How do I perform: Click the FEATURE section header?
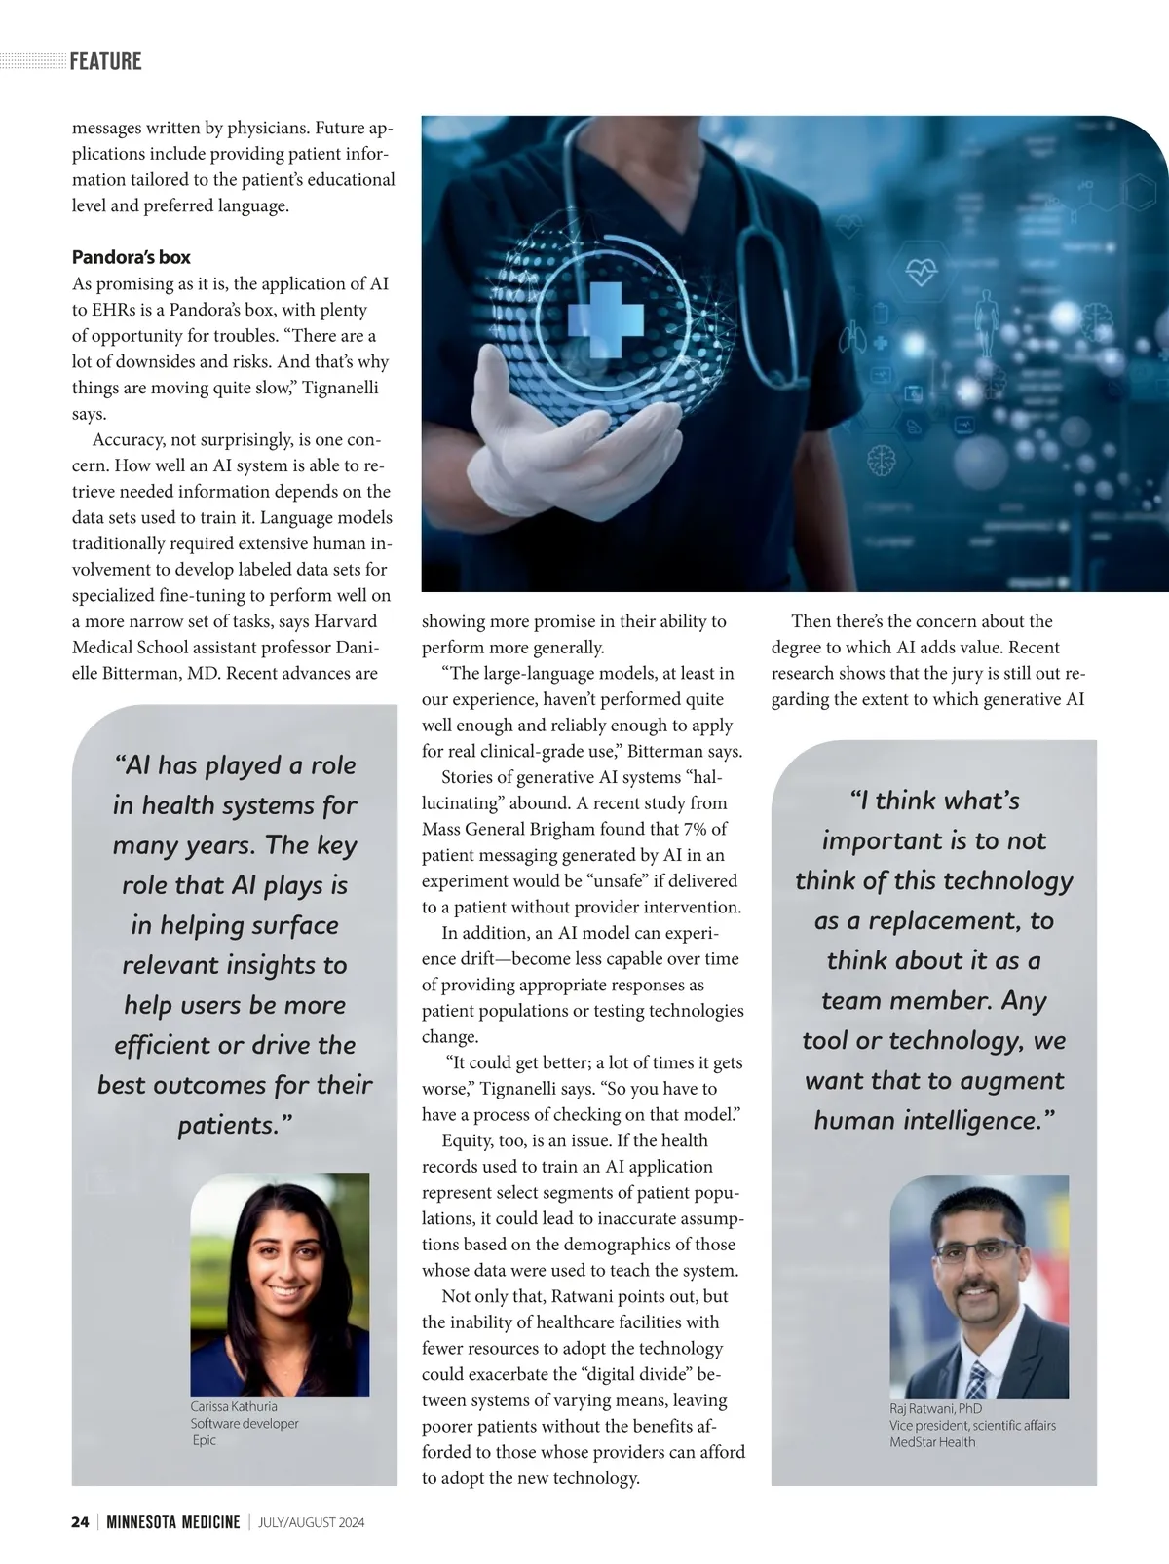pyautogui.click(x=105, y=61)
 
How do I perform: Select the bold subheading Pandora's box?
pyautogui.click(x=131, y=257)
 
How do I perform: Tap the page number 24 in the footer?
pyautogui.click(x=80, y=1522)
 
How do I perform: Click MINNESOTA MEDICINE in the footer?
pyautogui.click(x=172, y=1522)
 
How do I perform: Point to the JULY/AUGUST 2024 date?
pyautogui.click(x=312, y=1522)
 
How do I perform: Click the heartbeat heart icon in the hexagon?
pyautogui.click(x=921, y=271)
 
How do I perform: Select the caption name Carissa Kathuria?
pyautogui.click(x=234, y=1406)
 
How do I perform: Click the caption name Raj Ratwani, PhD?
pyautogui.click(x=935, y=1408)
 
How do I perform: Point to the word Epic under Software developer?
pyautogui.click(x=205, y=1440)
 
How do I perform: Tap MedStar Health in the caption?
pyautogui.click(x=932, y=1442)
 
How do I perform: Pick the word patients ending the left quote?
pyautogui.click(x=230, y=1125)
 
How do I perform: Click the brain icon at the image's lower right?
pyautogui.click(x=881, y=459)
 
